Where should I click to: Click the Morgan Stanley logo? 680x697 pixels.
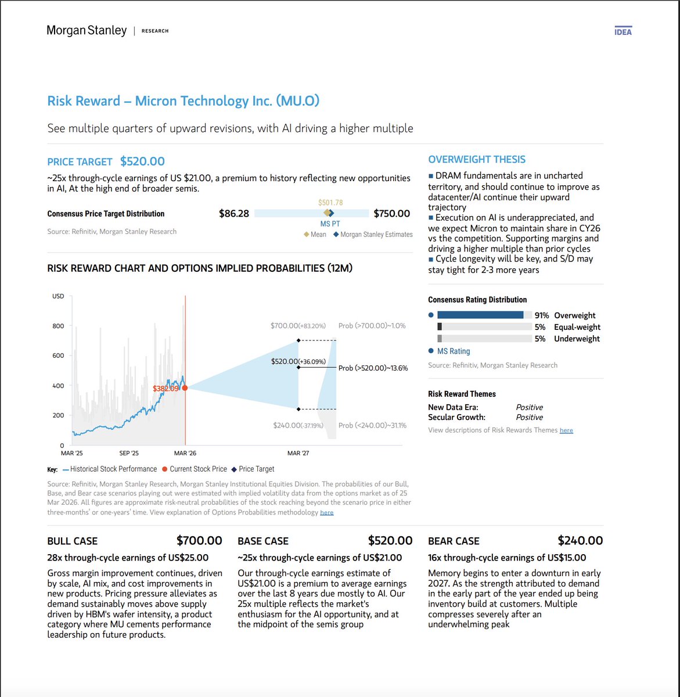click(87, 30)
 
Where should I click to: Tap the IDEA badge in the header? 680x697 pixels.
click(623, 31)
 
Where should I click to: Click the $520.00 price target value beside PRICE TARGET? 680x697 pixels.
click(142, 161)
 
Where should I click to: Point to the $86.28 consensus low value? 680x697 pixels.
click(233, 214)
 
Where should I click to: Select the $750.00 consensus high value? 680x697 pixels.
click(391, 214)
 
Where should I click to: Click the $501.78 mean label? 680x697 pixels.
click(330, 203)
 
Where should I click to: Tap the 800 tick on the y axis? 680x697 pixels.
click(58, 326)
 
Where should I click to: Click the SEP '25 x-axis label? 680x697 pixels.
click(129, 453)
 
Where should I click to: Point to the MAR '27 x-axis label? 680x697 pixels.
click(298, 453)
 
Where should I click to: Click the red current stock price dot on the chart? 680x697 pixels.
click(185, 388)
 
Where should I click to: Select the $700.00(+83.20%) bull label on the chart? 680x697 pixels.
click(298, 326)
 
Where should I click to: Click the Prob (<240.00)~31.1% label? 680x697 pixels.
click(372, 426)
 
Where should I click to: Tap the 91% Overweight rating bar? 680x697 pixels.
click(480, 315)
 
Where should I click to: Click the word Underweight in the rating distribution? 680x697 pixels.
click(577, 339)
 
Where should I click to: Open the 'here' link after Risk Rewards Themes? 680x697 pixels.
click(566, 430)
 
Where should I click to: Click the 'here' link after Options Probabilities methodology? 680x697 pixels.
click(327, 513)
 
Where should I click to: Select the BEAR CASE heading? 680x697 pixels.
click(454, 541)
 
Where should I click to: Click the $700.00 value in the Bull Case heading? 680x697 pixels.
click(199, 541)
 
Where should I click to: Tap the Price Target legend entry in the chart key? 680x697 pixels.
click(253, 469)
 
